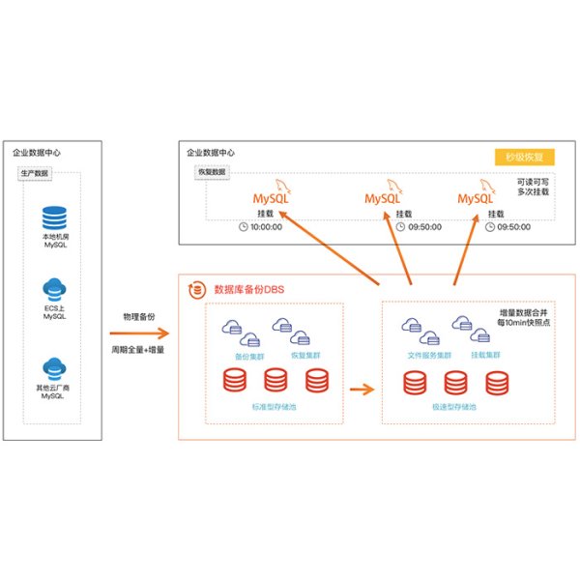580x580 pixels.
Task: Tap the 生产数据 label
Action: pos(36,174)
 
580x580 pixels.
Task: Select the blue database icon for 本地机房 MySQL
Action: pos(54,217)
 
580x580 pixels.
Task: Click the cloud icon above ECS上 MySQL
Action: pos(54,288)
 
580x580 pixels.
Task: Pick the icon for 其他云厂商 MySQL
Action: pos(54,368)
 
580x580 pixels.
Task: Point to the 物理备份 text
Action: pos(136,317)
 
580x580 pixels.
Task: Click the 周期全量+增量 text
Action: pos(136,348)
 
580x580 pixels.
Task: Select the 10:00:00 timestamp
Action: pos(265,227)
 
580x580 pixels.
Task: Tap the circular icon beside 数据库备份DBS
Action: pos(197,288)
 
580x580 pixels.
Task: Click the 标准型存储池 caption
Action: pos(275,407)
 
